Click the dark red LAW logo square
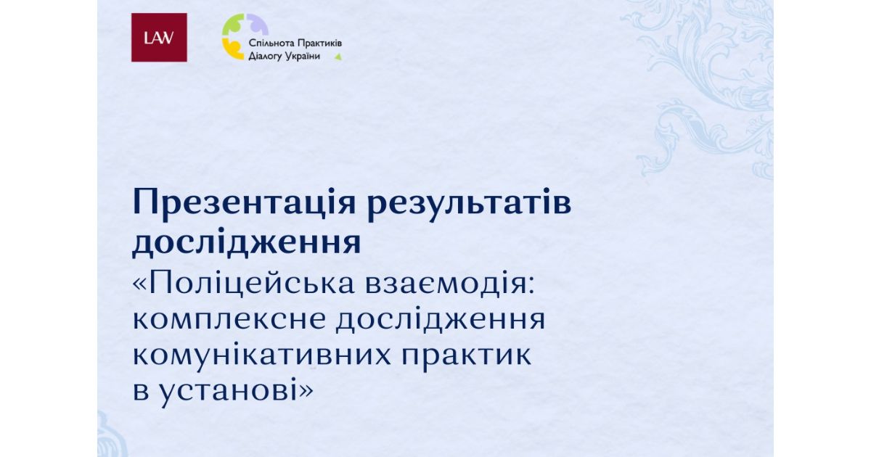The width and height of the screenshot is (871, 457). click(x=159, y=37)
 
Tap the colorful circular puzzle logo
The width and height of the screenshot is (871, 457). click(x=245, y=36)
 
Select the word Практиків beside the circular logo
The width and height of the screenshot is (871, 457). click(x=319, y=43)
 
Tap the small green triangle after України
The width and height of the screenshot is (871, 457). click(x=338, y=57)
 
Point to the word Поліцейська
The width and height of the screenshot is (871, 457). click(x=252, y=284)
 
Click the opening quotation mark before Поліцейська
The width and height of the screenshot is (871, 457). click(x=139, y=286)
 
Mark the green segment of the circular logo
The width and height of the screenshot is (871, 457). click(x=232, y=25)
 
